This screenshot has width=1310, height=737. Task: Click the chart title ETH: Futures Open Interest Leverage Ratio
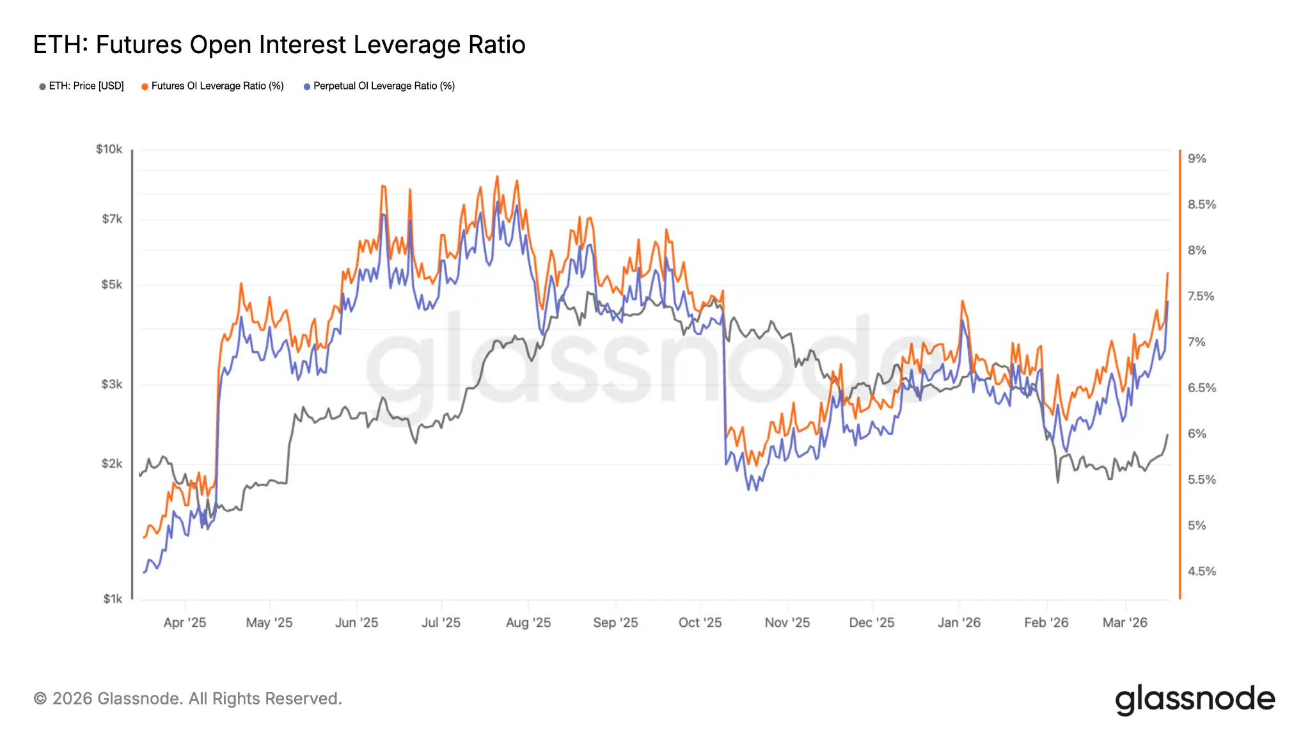(x=279, y=45)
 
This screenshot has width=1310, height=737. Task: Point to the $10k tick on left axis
(x=109, y=149)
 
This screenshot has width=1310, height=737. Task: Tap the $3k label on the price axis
(x=111, y=384)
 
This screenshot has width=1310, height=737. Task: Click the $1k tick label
(x=113, y=599)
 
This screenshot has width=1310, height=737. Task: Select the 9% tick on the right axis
(x=1196, y=159)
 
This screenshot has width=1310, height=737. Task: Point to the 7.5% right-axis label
(x=1201, y=296)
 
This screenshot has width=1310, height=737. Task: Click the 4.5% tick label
(x=1201, y=571)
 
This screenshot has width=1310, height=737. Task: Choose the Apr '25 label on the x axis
(x=185, y=622)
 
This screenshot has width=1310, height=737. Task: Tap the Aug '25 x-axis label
(x=528, y=622)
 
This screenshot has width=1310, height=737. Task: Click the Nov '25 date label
(x=787, y=622)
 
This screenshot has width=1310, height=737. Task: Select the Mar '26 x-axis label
(x=1125, y=622)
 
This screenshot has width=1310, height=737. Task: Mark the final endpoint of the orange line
(x=1167, y=273)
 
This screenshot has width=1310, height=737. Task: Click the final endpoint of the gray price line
(x=1167, y=435)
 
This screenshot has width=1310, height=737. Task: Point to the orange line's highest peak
(x=497, y=177)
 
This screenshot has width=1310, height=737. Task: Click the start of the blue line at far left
(x=143, y=573)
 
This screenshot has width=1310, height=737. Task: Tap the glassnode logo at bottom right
(x=1195, y=699)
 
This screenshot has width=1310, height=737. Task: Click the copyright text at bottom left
(x=188, y=699)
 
